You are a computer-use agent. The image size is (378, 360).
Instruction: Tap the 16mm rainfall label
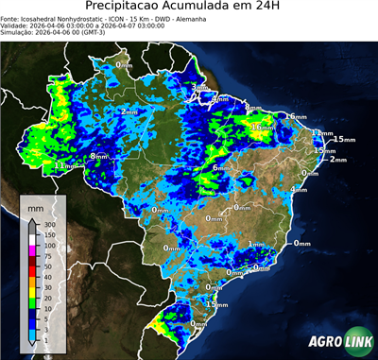[x=262, y=126]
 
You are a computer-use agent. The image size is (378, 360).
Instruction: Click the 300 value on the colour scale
[x=49, y=224]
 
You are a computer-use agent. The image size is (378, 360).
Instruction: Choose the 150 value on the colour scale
[x=49, y=234]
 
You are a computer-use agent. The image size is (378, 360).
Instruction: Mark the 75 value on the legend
[x=47, y=256]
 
